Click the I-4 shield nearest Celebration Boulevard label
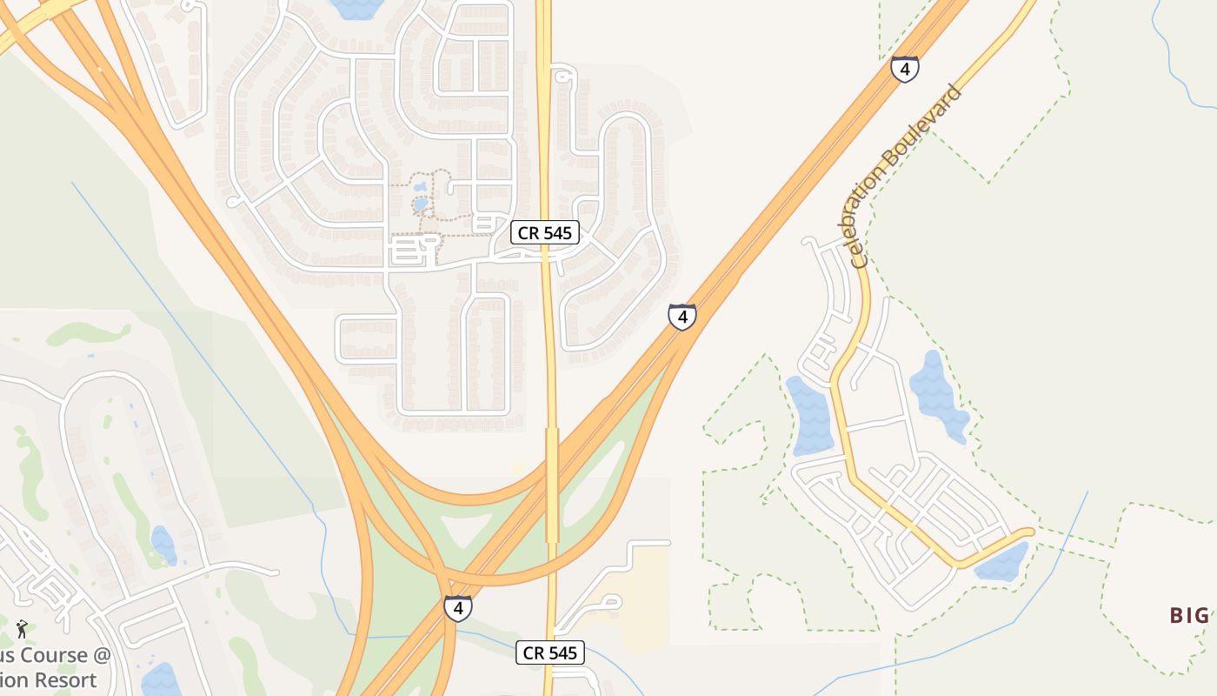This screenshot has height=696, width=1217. [x=904, y=70]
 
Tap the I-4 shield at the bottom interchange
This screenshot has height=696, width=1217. [x=458, y=607]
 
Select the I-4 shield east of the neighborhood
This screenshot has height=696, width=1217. [x=682, y=317]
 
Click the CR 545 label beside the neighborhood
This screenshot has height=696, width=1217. [x=544, y=232]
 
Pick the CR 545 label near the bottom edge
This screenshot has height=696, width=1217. [x=550, y=652]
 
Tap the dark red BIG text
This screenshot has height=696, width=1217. [x=1189, y=616]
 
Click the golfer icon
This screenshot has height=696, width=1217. [x=22, y=628]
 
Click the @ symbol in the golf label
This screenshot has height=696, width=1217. [x=103, y=655]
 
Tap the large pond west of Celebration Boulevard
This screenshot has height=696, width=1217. [x=812, y=417]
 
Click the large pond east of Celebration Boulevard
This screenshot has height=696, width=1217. [x=938, y=396]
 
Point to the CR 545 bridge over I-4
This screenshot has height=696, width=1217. [x=551, y=484]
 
